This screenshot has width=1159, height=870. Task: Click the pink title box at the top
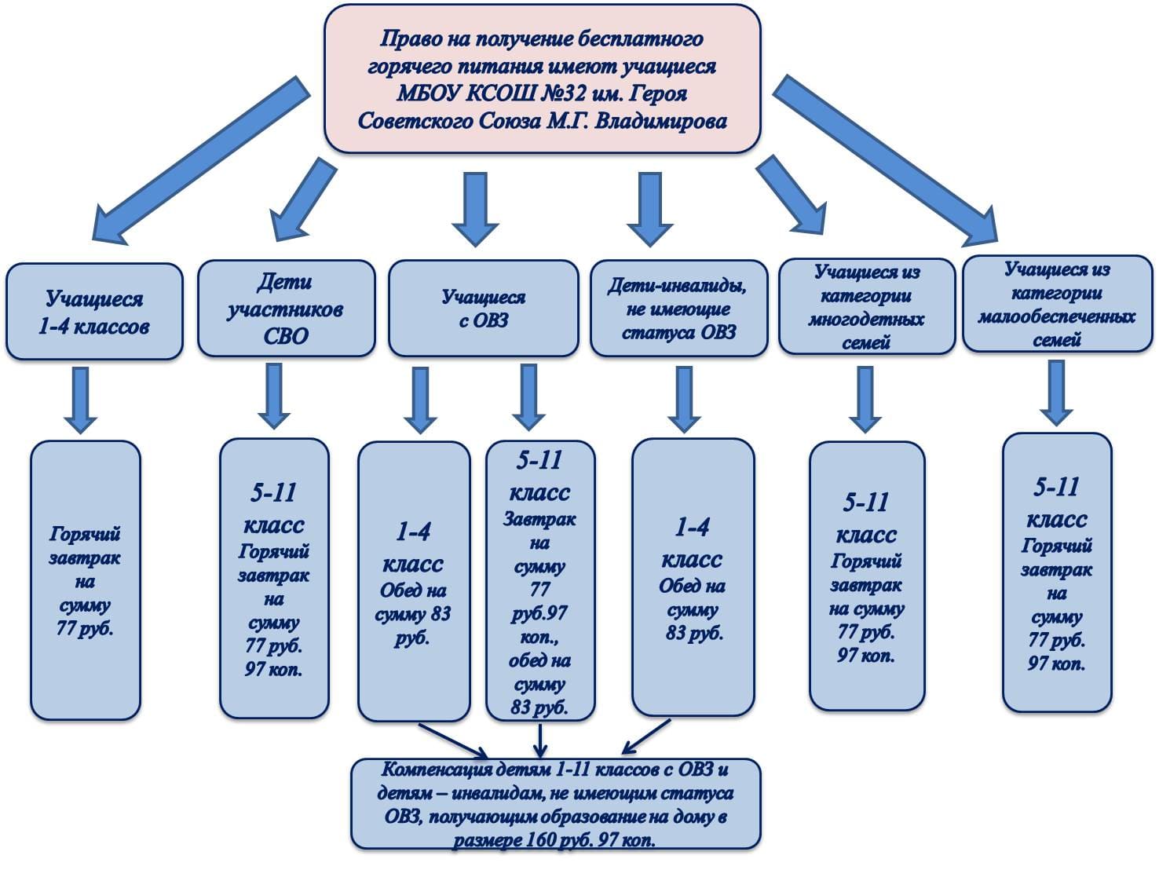pyautogui.click(x=542, y=79)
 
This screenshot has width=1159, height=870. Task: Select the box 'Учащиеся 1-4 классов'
pyautogui.click(x=94, y=312)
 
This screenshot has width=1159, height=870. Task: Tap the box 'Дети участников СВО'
pyautogui.click(x=286, y=309)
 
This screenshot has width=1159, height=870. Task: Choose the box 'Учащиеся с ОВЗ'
pyautogui.click(x=483, y=309)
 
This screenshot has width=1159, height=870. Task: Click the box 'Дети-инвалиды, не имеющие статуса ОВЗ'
pyautogui.click(x=678, y=309)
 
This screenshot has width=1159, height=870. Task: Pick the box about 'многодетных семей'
pyautogui.click(x=866, y=307)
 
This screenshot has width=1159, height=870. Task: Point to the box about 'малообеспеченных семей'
pyautogui.click(x=1056, y=304)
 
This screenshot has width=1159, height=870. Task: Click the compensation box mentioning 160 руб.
pyautogui.click(x=555, y=804)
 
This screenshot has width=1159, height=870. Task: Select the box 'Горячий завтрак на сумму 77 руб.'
pyautogui.click(x=85, y=581)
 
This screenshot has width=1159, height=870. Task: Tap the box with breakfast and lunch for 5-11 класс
pyautogui.click(x=540, y=581)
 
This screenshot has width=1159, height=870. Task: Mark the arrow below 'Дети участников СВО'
pyautogui.click(x=273, y=395)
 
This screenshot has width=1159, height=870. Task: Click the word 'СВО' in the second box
pyautogui.click(x=286, y=335)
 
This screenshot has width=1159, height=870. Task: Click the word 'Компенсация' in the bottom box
pyautogui.click(x=427, y=769)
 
